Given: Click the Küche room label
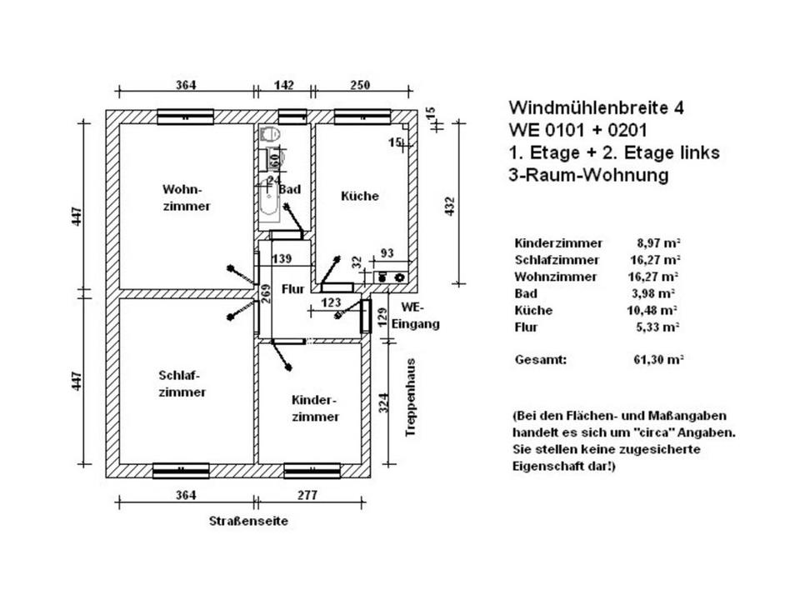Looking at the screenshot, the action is (x=360, y=196).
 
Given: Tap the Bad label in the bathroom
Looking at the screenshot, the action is (x=289, y=189).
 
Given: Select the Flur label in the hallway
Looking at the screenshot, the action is (x=292, y=289).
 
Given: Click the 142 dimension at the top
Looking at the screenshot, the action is (x=285, y=85).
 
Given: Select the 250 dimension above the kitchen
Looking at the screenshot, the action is (x=360, y=85).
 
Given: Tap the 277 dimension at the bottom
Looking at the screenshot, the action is (x=307, y=495).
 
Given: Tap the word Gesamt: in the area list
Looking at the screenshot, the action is (x=541, y=359).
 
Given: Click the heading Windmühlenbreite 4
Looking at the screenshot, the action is (x=597, y=107).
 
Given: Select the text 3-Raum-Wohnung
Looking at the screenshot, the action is (x=588, y=175).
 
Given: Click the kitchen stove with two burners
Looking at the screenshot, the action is (x=392, y=275).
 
